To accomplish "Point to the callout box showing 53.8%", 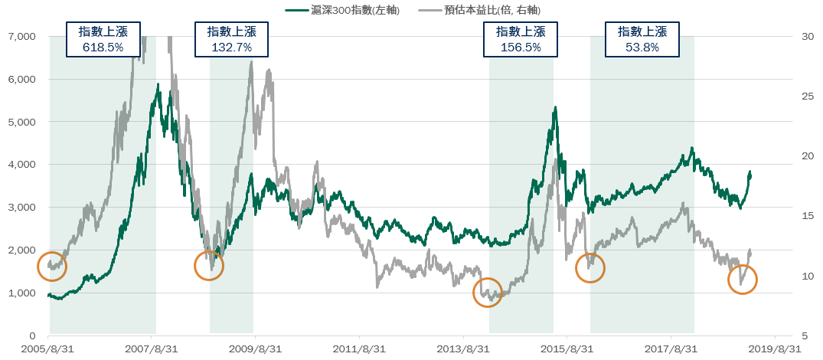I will (642, 39).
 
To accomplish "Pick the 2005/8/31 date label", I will (47, 349).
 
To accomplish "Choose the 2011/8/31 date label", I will (359, 349).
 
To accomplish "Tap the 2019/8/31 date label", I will (775, 349).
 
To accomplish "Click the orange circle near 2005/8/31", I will (52, 267).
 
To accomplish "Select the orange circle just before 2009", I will (209, 266).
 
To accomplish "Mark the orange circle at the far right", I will (742, 280).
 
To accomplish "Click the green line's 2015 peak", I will (554, 108).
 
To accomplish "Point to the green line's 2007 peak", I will (159, 86).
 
